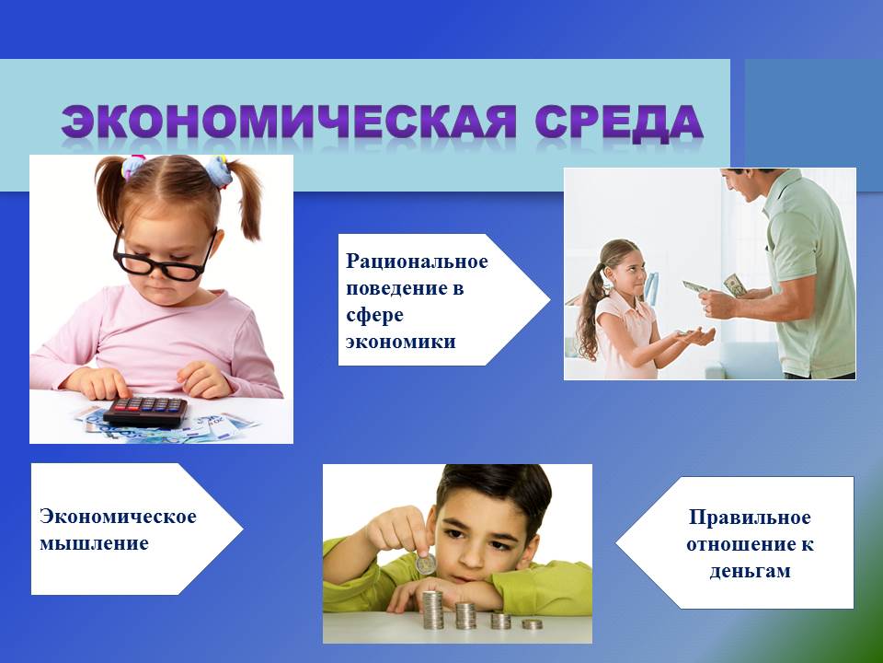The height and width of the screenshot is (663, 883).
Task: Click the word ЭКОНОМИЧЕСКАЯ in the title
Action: pos(288,122)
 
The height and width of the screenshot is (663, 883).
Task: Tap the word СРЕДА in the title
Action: pos(619,122)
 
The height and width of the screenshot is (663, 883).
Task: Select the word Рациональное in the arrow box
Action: pos(417,262)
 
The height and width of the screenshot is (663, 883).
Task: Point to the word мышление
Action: pos(94,543)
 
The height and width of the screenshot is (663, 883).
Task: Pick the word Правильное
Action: pos(750,517)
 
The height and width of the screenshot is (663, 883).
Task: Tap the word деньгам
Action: pos(750,571)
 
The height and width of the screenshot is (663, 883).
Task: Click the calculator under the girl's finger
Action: pos(144,411)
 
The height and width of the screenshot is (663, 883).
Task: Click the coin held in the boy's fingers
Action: pos(426,564)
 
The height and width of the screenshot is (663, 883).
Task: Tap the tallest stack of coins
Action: pos(432,610)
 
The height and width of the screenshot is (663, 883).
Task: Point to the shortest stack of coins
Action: pos(532,624)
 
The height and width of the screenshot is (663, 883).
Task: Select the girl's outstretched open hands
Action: pos(695,336)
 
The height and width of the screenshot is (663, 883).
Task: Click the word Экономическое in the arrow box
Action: pos(119,517)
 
